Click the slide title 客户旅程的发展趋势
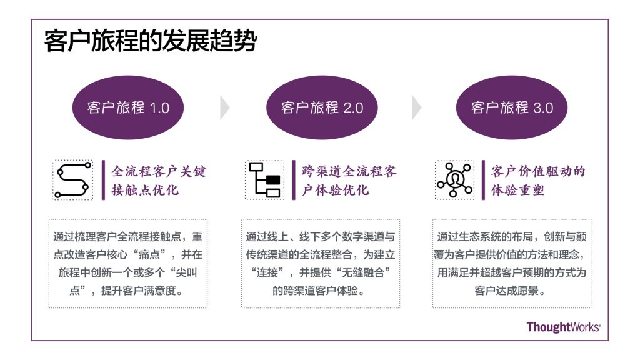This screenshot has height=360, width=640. tap(150, 42)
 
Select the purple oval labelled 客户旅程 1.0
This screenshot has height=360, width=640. tap(129, 107)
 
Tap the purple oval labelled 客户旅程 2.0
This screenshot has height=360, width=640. tap(322, 107)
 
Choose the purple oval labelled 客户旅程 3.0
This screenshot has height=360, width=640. tap(512, 107)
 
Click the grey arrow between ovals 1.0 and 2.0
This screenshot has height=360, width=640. tap(224, 108)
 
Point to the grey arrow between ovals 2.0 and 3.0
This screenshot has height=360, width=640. tap(416, 108)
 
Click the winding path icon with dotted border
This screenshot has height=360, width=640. tap(72, 180)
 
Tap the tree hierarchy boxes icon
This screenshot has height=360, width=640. tap(264, 180)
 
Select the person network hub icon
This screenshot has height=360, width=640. tap(455, 180)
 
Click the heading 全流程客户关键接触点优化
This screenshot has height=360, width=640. tap(159, 181)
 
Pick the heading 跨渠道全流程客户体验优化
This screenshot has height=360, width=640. tap(349, 181)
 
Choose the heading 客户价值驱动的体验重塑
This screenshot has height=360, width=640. tap(538, 181)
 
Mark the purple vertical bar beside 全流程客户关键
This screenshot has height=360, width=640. tap(104, 180)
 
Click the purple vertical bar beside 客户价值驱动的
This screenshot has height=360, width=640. tap(483, 180)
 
